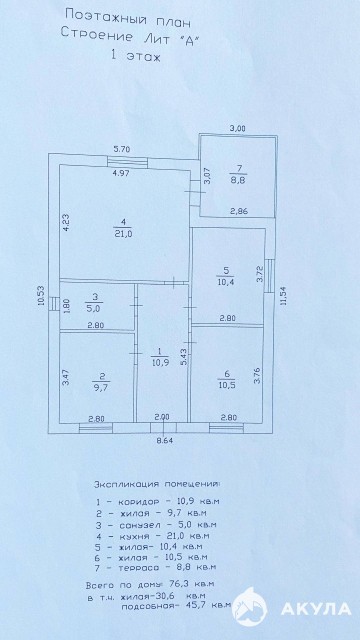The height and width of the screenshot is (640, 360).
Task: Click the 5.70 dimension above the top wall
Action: click(x=121, y=149)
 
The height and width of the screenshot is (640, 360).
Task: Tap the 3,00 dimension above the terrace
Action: click(x=237, y=128)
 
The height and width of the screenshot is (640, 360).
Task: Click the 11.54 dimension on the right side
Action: click(x=284, y=296)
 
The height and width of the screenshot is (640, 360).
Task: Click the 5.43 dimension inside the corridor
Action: click(x=184, y=357)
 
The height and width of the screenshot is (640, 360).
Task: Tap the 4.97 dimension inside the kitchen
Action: click(x=121, y=172)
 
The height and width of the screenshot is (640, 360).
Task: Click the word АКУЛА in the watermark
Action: click(x=316, y=609)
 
